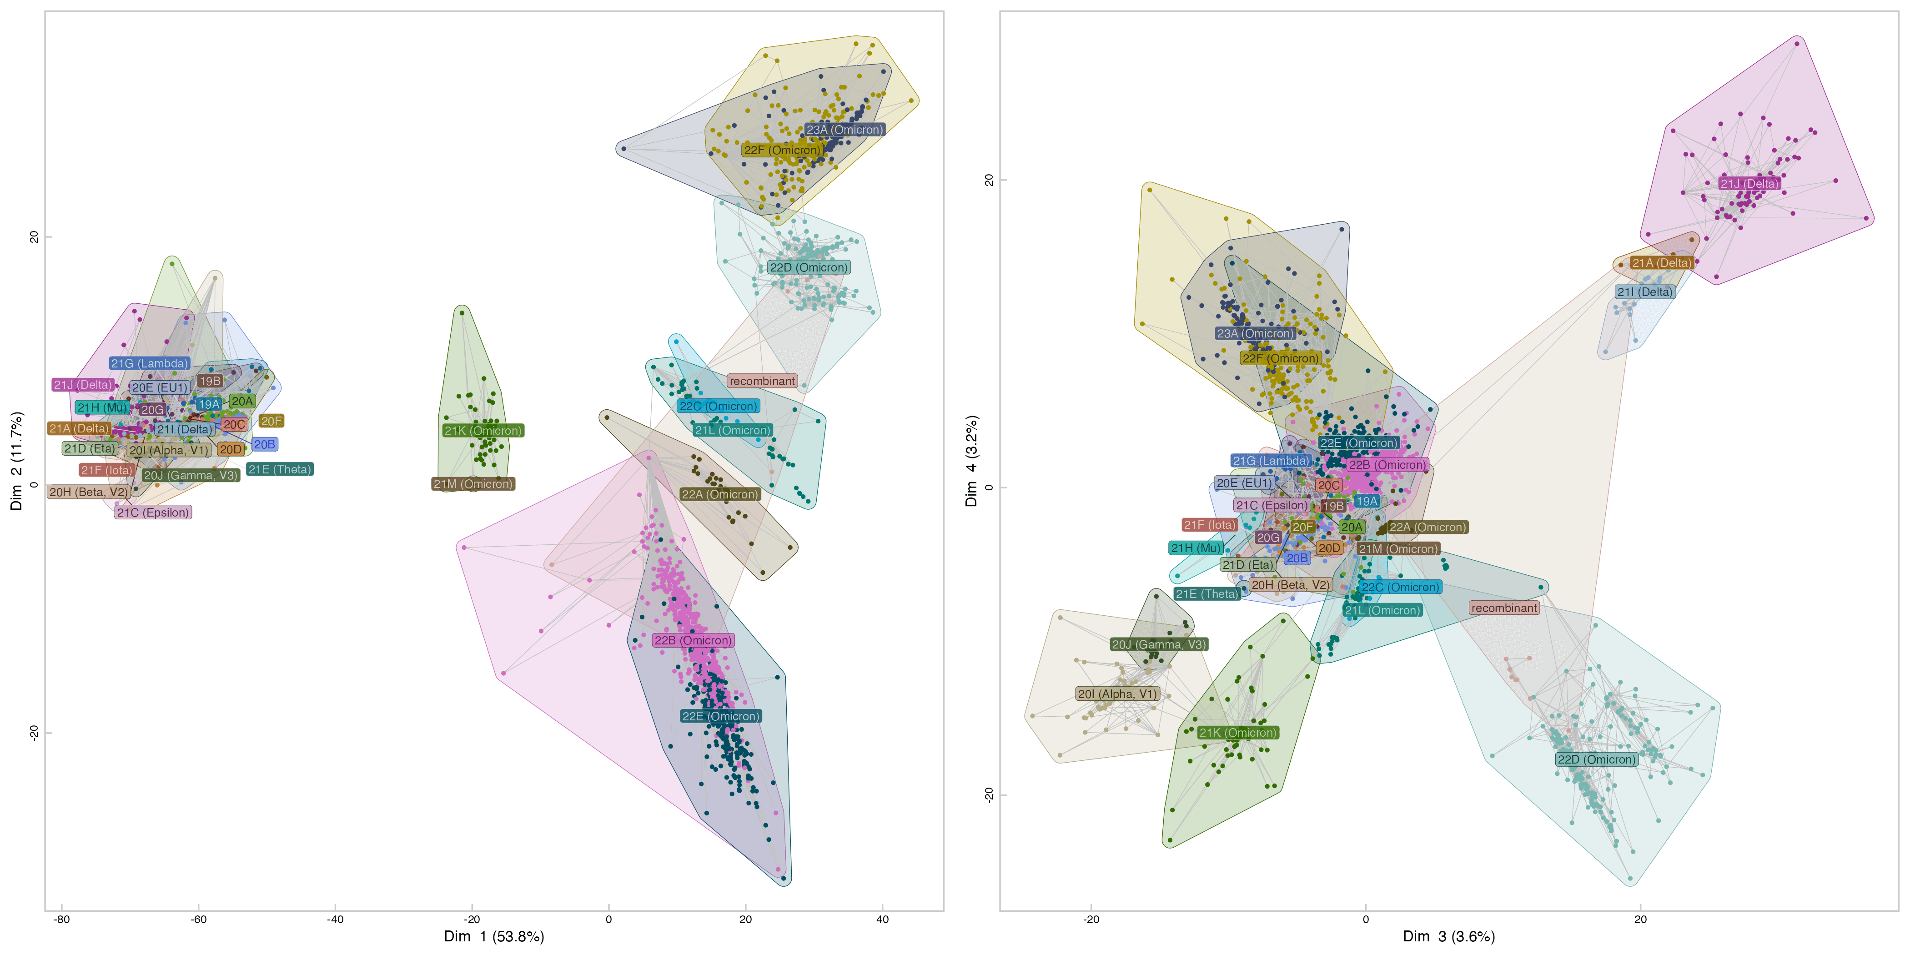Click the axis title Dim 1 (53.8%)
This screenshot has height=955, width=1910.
[494, 936]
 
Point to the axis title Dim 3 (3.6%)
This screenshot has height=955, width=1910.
[1448, 936]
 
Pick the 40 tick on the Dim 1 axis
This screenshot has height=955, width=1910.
[882, 920]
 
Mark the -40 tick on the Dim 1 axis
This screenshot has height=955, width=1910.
[335, 920]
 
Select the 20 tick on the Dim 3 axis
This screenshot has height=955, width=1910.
[1640, 920]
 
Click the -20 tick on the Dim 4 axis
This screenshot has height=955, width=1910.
[988, 794]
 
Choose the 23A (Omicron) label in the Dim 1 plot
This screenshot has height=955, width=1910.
[844, 130]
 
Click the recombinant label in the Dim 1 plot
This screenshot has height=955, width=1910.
[761, 381]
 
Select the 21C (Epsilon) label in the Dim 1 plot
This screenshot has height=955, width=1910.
[153, 513]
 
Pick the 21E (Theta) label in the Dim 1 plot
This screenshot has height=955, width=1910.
[280, 469]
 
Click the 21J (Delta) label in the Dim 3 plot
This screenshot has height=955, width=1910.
[1749, 184]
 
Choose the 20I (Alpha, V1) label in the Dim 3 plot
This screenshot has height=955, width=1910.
[1116, 694]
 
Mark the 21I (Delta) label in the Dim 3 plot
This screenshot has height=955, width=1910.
[1644, 292]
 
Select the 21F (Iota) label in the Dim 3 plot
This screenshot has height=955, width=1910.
[1209, 525]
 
